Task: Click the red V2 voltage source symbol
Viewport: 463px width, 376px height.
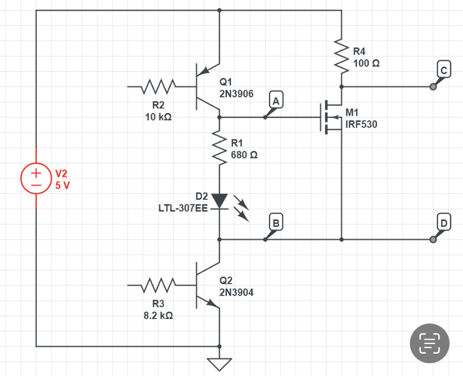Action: click(x=36, y=178)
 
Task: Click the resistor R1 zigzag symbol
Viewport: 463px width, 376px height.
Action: click(x=219, y=148)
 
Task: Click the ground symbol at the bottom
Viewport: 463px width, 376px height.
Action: click(x=219, y=364)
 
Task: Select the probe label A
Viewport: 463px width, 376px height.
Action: click(x=276, y=101)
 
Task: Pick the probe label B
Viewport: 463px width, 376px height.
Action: click(x=275, y=223)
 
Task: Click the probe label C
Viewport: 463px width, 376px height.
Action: click(x=443, y=70)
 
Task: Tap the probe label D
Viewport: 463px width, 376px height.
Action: click(x=443, y=223)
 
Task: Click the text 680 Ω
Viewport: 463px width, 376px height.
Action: click(x=244, y=154)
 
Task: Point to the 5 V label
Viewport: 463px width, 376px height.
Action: click(x=62, y=185)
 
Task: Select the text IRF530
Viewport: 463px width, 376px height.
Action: click(x=361, y=124)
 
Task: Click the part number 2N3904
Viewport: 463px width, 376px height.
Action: click(x=237, y=292)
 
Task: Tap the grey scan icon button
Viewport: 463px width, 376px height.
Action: click(x=430, y=341)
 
